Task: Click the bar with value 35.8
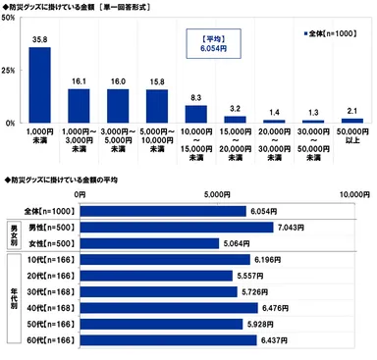click(x=39, y=85)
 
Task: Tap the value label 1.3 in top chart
click(x=311, y=112)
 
